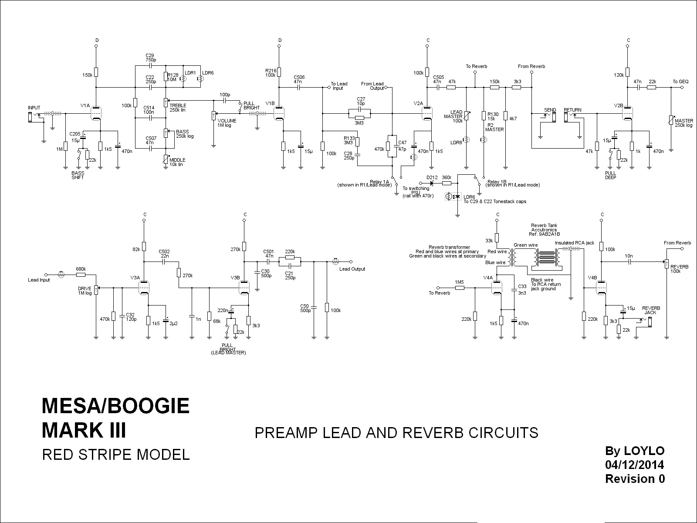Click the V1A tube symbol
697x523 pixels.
tap(96, 114)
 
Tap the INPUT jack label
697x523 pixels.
tap(34, 108)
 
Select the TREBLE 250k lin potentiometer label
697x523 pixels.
tap(178, 108)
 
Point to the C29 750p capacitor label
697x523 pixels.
tap(150, 57)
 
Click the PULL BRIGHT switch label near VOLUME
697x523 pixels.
tap(251, 105)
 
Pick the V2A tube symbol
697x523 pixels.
tap(427, 114)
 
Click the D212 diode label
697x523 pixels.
tap(432, 177)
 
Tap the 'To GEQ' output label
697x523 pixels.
tap(680, 82)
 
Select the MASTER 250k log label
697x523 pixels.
tap(683, 123)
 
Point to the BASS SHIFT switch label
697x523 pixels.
tap(78, 175)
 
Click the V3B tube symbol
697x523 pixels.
tap(244, 288)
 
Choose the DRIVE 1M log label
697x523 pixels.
tap(85, 291)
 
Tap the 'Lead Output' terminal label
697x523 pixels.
tap(352, 269)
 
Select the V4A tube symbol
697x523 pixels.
tap(497, 288)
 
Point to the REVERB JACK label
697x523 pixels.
tap(651, 310)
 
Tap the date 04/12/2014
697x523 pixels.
tap(635, 464)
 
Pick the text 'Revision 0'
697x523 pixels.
tap(635, 479)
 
